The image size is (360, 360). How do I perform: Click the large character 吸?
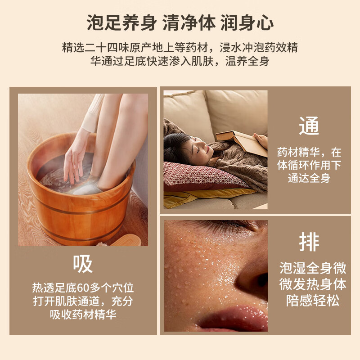pos(83,264)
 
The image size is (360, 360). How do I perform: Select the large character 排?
pos(309,242)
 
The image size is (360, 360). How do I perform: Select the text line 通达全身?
pos(309,178)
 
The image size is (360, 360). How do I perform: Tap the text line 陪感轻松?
pos(313,301)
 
